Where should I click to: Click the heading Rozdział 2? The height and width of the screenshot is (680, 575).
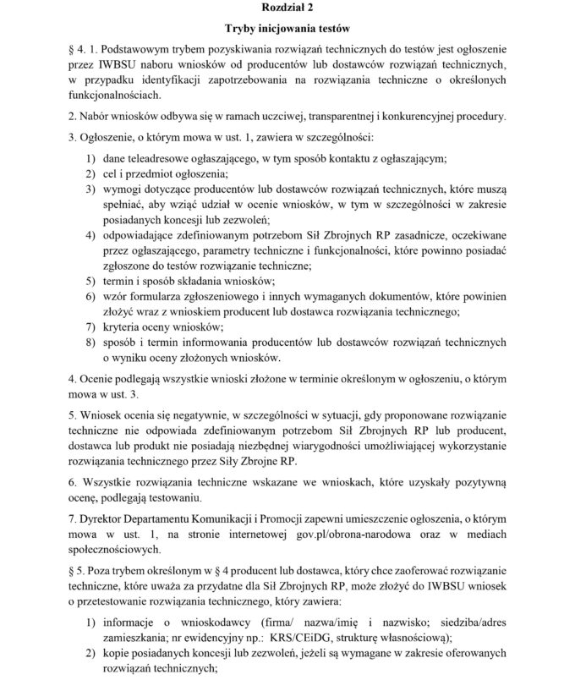tap(287, 9)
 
